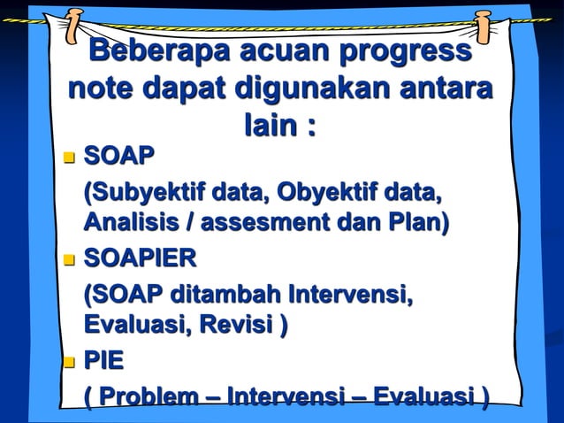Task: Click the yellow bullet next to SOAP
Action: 70,158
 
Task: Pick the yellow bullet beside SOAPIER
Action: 70,260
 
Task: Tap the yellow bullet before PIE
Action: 70,362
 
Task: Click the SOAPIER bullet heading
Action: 140,259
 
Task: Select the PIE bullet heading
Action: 103,361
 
